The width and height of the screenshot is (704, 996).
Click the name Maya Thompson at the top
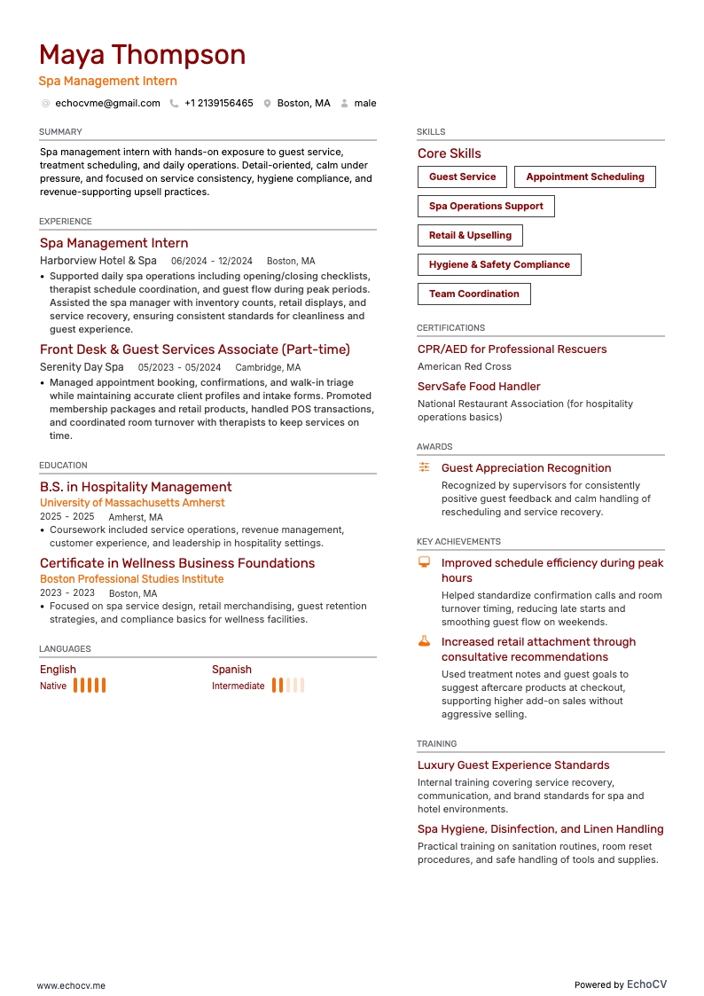click(142, 55)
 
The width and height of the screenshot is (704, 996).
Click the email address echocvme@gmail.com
click(107, 104)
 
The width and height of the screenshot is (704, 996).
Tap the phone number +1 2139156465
click(218, 104)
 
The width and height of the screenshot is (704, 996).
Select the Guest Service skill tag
click(462, 177)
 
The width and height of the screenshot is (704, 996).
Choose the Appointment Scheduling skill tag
click(584, 177)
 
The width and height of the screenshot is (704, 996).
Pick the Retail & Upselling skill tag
click(470, 236)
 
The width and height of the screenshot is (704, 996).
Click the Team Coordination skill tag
click(473, 294)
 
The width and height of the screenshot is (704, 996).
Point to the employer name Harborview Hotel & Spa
click(98, 262)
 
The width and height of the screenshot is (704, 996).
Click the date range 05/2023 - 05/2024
click(179, 368)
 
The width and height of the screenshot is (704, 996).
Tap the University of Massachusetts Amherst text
click(132, 503)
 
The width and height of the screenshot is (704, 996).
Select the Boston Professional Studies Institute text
click(131, 579)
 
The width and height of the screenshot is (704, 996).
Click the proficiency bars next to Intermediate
click(288, 686)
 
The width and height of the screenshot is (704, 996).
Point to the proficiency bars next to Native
click(90, 686)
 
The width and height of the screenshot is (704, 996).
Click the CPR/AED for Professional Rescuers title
click(512, 349)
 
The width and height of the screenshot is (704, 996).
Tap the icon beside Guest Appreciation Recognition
click(425, 467)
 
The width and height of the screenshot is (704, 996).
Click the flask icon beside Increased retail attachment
click(425, 641)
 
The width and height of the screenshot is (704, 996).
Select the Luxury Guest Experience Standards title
click(513, 765)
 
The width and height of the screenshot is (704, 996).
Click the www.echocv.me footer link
click(71, 985)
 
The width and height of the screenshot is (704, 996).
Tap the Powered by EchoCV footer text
click(620, 984)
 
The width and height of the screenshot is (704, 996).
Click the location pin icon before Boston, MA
click(267, 104)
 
